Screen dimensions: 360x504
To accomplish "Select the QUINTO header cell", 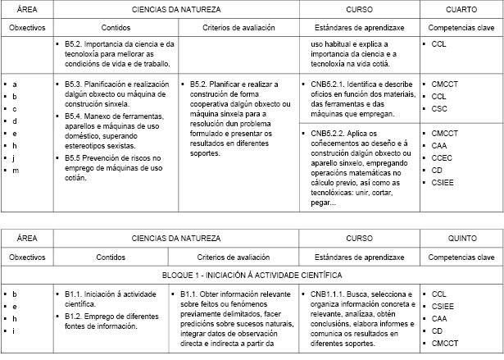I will click(x=461, y=238).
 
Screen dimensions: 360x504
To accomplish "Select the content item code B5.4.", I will click(x=75, y=116).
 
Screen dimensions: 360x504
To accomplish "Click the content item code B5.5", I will click(x=75, y=157).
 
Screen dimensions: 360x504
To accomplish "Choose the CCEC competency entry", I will click(x=442, y=157).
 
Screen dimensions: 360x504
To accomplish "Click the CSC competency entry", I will click(x=439, y=108).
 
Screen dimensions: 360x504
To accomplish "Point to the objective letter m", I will click(x=16, y=170).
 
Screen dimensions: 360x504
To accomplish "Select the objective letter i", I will click(x=15, y=330).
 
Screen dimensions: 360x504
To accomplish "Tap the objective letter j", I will click(x=15, y=157).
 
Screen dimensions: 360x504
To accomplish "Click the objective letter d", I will click(x=15, y=121).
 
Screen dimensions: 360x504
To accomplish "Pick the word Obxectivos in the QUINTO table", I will click(x=27, y=257).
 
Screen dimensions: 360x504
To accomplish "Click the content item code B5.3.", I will click(x=75, y=84).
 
